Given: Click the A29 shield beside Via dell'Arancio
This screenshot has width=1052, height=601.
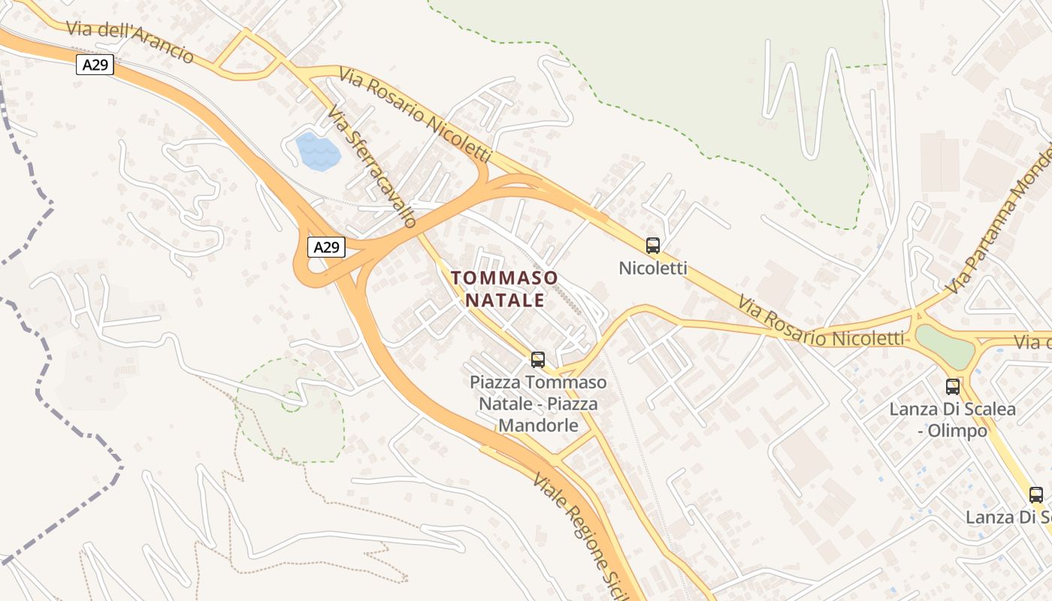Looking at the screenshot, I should click(95, 65).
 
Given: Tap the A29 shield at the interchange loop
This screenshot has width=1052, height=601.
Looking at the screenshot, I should click(326, 247).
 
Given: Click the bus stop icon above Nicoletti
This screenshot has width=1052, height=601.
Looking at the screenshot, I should click(653, 245).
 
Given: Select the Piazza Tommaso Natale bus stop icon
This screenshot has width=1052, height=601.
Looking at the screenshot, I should click(538, 359).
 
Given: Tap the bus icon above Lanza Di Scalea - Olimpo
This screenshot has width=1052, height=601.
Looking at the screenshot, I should click(953, 387).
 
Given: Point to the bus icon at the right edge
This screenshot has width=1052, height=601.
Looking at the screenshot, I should click(1036, 494).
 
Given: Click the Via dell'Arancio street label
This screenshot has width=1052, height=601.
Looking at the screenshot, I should click(129, 42).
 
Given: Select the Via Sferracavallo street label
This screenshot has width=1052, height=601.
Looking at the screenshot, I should click(372, 166).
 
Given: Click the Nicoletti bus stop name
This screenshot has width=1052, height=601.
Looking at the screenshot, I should click(653, 268).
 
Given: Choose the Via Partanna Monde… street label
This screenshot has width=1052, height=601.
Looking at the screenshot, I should click(999, 225).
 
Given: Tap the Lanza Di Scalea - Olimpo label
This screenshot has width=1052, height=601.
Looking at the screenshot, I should click(953, 420).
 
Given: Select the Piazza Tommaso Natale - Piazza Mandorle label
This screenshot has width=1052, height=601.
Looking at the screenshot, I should click(538, 404).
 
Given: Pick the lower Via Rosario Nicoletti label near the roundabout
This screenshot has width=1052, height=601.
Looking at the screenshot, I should click(821, 322).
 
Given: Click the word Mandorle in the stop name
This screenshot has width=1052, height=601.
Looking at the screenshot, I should click(538, 425).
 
